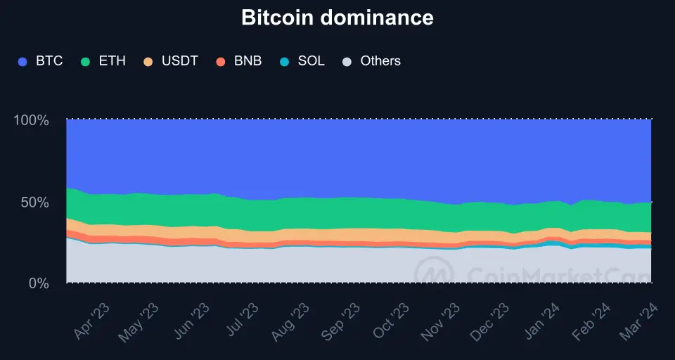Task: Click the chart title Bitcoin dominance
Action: pyautogui.click(x=337, y=18)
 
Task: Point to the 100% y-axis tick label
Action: pyautogui.click(x=31, y=120)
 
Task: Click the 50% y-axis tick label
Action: pyautogui.click(x=34, y=202)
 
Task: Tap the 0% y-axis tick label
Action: pyautogui.click(x=38, y=283)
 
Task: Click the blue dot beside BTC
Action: pyautogui.click(x=22, y=62)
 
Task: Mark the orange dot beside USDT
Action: pyautogui.click(x=148, y=62)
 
